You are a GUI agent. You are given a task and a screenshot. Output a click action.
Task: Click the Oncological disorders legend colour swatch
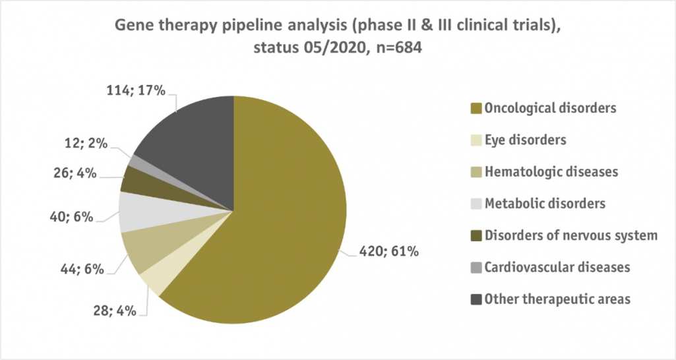(477, 108)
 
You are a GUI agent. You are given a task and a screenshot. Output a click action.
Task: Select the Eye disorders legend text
(525, 140)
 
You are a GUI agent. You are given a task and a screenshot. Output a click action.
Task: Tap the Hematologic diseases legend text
(551, 171)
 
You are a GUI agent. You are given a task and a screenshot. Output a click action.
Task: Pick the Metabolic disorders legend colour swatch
(477, 204)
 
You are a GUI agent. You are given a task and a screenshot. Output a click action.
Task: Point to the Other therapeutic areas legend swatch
(477, 299)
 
